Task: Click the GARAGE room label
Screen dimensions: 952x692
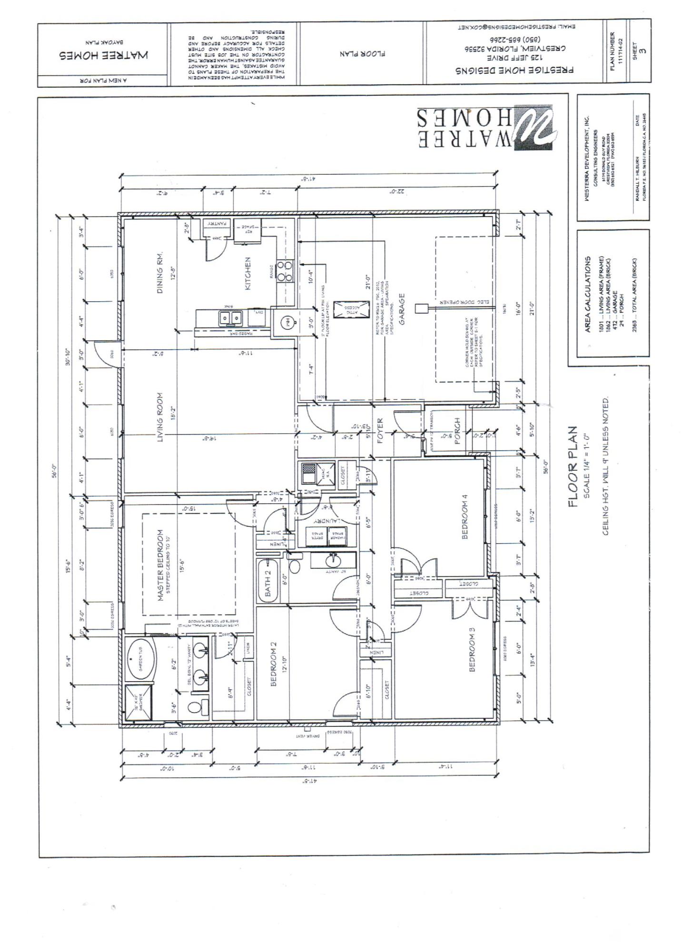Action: (x=402, y=309)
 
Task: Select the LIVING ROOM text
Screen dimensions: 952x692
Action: (x=160, y=418)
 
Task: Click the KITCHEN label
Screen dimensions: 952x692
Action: (x=248, y=274)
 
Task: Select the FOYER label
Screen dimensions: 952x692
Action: (x=380, y=431)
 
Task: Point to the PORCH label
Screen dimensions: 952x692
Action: (x=458, y=431)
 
